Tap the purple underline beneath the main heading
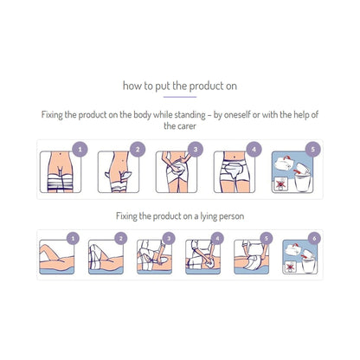click(x=180, y=97)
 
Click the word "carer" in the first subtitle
click(x=187, y=126)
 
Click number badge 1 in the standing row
click(x=80, y=150)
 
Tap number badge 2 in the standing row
click(x=138, y=150)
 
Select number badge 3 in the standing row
click(x=196, y=150)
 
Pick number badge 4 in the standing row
click(x=254, y=150)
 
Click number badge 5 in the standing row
click(x=313, y=150)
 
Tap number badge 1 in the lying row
click(x=73, y=239)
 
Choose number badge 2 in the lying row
click(x=121, y=239)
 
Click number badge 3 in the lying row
click(x=169, y=239)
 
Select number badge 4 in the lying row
click(x=217, y=239)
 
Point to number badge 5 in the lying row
click(x=267, y=239)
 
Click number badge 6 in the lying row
click(x=315, y=239)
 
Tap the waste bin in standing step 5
click(x=302, y=181)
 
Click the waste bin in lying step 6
click(x=308, y=265)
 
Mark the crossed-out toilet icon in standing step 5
click(x=280, y=183)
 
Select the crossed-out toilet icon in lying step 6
click(x=290, y=267)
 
